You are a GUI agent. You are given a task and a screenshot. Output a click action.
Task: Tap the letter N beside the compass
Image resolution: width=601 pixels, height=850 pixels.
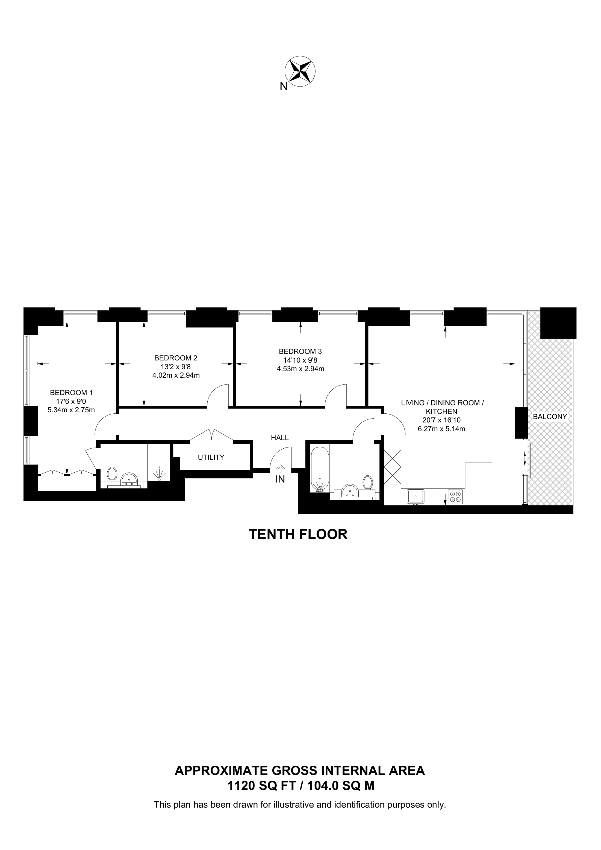283,87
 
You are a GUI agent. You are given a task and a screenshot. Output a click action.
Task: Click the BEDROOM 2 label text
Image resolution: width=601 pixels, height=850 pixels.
176,358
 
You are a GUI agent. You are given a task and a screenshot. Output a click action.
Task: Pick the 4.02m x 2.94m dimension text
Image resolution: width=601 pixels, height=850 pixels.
176,375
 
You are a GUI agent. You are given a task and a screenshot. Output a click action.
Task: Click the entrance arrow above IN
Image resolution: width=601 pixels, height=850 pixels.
280,469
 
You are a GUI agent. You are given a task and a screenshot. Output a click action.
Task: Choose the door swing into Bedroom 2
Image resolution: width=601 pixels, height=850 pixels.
218,395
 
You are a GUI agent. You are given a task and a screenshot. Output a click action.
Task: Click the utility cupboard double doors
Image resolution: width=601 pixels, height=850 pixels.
211,435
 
